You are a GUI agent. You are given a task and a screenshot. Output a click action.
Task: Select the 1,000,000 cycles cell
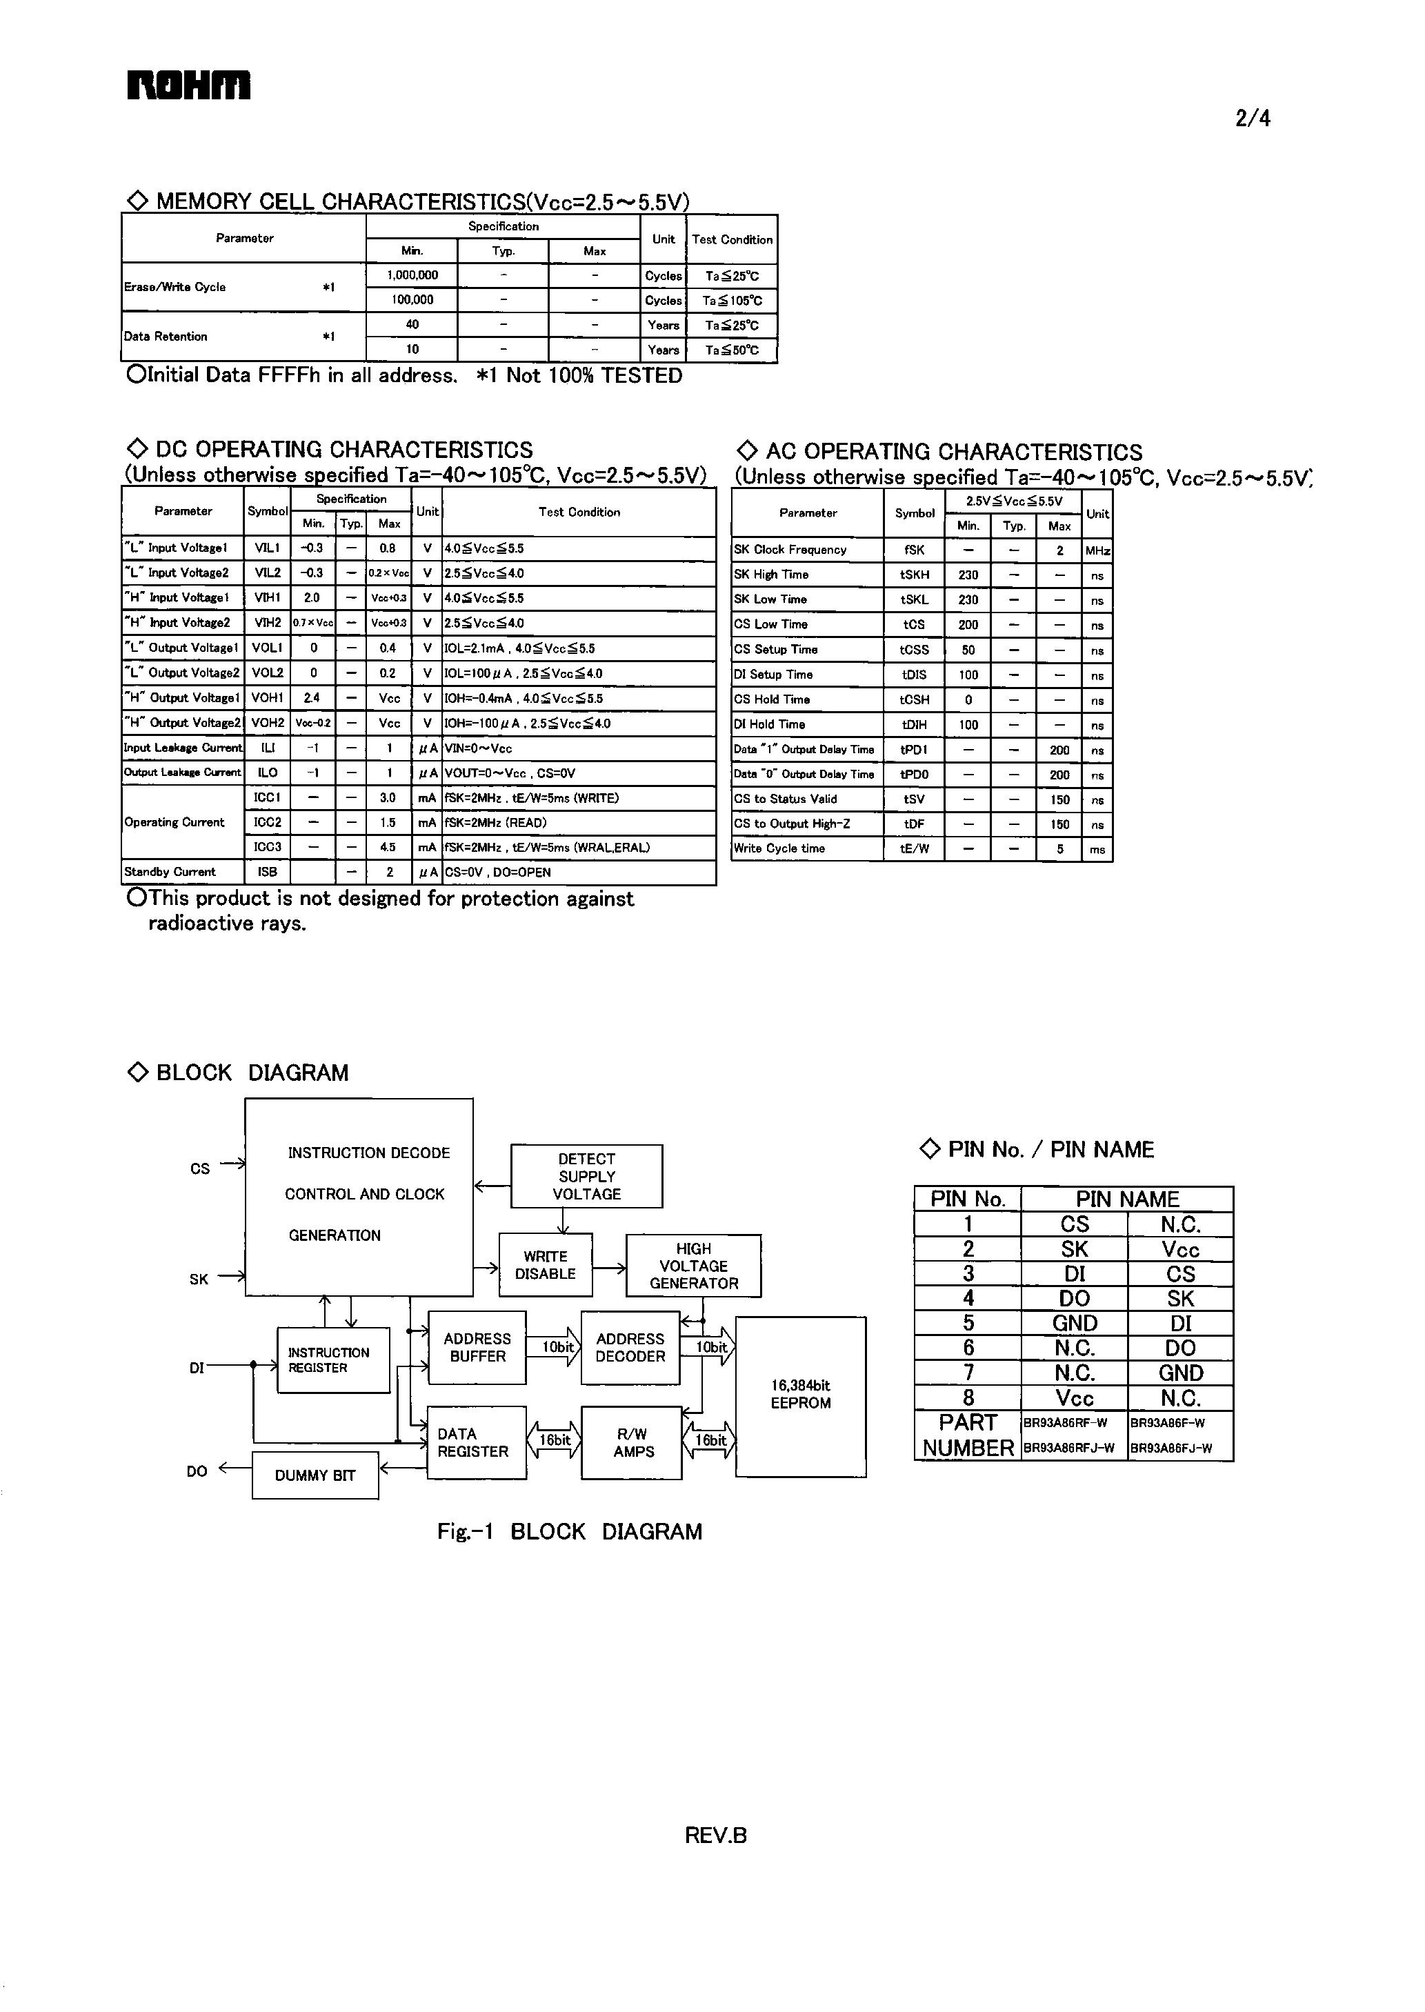(412, 275)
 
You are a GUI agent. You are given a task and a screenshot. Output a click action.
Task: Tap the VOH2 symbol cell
(268, 723)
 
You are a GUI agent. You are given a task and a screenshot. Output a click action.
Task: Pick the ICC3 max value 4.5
(388, 848)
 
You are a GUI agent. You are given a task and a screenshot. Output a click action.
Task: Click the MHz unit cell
(1097, 550)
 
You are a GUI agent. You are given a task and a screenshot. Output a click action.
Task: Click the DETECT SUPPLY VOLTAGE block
(586, 1176)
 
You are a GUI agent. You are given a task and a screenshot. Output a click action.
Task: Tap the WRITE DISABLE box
(545, 1265)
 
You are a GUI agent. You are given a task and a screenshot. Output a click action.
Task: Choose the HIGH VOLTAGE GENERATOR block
(693, 1265)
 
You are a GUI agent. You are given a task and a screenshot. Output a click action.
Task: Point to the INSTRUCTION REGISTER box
(332, 1360)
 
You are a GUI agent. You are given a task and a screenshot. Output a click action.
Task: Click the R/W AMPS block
(632, 1442)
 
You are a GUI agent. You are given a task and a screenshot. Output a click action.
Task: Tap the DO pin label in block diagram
(197, 1471)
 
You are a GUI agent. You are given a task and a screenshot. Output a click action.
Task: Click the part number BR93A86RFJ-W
(1069, 1448)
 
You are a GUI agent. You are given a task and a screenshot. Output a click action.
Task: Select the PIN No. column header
(967, 1199)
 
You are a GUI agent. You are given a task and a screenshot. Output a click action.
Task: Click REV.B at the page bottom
(715, 1835)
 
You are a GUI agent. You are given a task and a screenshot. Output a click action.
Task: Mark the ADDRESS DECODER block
(630, 1348)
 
